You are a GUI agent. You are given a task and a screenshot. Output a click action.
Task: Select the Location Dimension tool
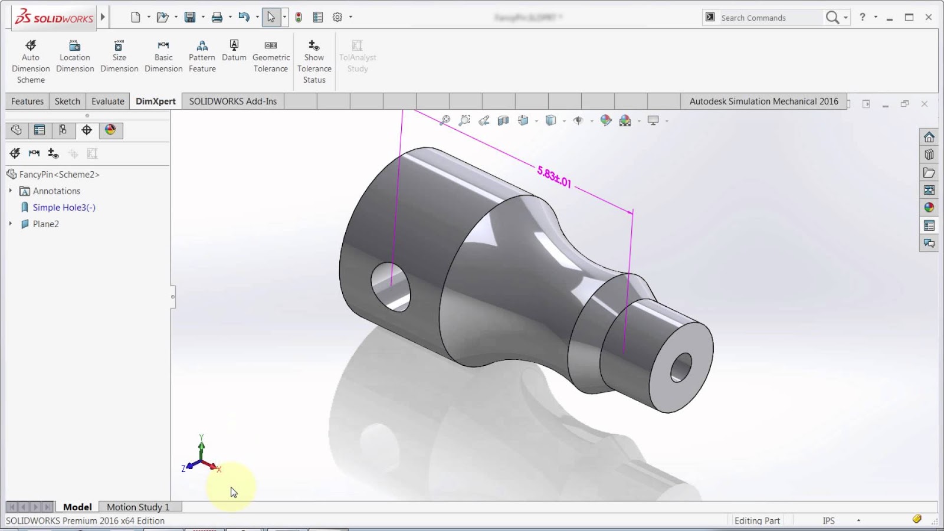click(75, 57)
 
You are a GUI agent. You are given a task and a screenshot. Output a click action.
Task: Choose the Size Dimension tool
click(119, 57)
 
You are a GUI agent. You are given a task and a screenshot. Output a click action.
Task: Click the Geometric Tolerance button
click(271, 57)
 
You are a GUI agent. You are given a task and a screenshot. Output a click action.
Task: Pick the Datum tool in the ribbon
click(234, 51)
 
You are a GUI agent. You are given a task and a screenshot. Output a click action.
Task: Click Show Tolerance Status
click(314, 61)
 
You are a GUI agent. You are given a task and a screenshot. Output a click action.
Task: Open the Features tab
click(27, 101)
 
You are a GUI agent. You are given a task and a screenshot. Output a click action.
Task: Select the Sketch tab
click(67, 101)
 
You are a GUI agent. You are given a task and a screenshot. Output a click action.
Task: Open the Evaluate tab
click(108, 101)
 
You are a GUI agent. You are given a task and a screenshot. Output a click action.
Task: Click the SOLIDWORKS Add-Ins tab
click(232, 101)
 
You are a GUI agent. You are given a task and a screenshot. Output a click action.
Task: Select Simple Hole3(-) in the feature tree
click(64, 208)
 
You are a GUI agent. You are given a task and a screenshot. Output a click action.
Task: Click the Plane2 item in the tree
click(45, 224)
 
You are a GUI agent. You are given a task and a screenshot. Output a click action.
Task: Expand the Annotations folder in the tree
click(11, 191)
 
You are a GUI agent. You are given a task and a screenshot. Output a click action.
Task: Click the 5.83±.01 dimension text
click(554, 177)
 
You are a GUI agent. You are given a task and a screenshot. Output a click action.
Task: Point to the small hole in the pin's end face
click(681, 367)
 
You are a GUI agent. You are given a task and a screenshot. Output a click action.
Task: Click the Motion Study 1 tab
click(138, 507)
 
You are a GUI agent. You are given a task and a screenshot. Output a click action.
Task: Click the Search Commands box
click(767, 18)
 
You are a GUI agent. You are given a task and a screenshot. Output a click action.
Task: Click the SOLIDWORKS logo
click(54, 18)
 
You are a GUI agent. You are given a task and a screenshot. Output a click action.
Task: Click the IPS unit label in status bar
click(829, 521)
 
